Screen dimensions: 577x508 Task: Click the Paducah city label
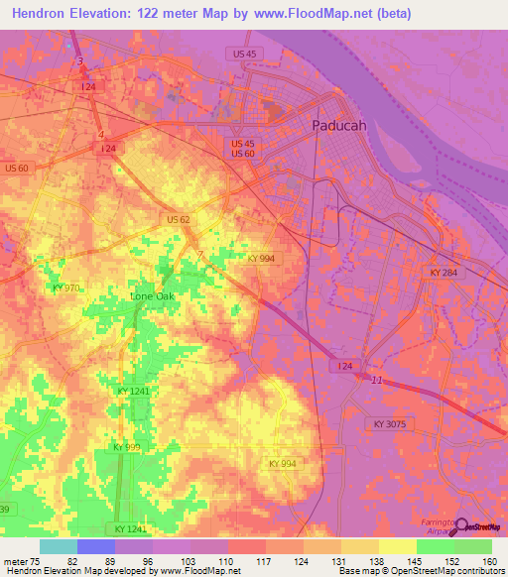[x=339, y=126]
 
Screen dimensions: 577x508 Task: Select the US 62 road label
[x=180, y=218]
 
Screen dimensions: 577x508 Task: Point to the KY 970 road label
[x=65, y=288]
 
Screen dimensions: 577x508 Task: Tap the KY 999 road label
[x=128, y=447]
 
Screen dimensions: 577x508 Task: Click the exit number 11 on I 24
[x=375, y=381]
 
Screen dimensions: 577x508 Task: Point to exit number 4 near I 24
[x=100, y=134]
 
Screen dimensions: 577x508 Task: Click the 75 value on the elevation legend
[x=36, y=560]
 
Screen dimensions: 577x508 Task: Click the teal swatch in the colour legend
[x=58, y=546]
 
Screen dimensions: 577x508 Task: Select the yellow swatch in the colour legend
[x=398, y=546]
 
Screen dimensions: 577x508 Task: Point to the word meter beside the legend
[x=14, y=560]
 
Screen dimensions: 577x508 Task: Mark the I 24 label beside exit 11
[x=344, y=366]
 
